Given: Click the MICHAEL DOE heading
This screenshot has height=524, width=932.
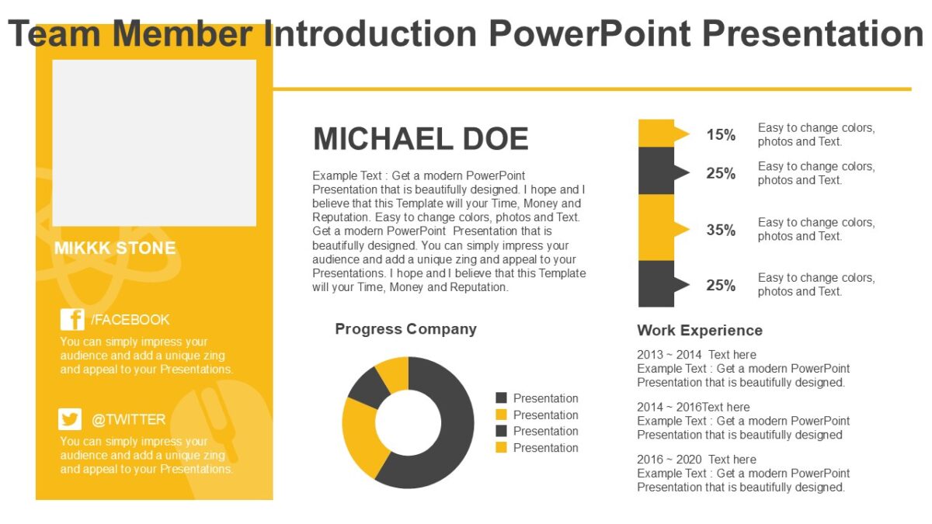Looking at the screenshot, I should pos(420,139).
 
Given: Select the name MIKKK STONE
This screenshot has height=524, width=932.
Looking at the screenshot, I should pos(115,248).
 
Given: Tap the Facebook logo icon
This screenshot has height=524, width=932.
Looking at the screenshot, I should pos(72,320).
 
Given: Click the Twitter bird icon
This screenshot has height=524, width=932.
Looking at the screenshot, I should pos(70,419).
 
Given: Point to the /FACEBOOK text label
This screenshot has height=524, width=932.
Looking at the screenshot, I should pos(130,320).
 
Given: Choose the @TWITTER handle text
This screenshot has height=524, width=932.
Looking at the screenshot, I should pos(128,419).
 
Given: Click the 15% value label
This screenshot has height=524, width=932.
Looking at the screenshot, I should pos(720,135).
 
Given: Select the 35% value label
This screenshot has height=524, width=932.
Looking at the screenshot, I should pos(720,230).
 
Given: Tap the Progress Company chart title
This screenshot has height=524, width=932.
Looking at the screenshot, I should pos(405,329).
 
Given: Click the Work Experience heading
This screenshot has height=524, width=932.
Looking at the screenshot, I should pos(699,331).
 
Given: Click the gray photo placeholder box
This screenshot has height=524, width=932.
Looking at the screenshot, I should pos(154,143).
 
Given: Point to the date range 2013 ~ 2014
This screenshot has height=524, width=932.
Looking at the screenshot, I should pos(669,355).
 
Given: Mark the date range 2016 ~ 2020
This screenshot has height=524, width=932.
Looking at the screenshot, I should pos(669,460).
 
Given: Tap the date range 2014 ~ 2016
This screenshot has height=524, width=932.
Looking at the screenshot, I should pos(669,407).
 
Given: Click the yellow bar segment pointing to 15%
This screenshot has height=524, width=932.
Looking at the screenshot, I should pos(656,134).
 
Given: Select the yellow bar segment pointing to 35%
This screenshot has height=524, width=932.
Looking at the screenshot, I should pos(656,227).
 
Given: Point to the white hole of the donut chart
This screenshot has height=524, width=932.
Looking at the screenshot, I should pos(408,423).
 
